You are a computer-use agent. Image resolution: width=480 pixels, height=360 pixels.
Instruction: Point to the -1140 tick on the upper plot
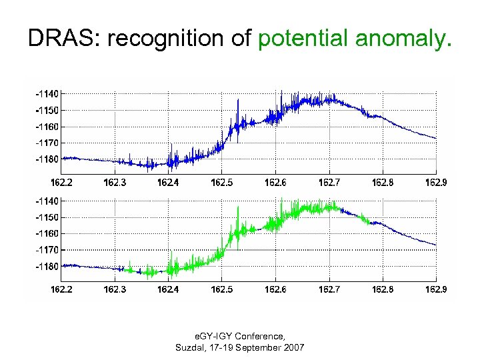47,94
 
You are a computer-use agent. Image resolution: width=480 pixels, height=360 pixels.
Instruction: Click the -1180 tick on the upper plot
47,159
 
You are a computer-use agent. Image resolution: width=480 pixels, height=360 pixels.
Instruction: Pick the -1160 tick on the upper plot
47,127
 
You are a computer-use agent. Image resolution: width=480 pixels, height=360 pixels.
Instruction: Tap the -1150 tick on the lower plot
47,217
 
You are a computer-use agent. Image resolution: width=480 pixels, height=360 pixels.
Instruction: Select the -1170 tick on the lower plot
47,249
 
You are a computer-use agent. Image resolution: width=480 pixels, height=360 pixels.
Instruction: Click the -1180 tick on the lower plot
47,266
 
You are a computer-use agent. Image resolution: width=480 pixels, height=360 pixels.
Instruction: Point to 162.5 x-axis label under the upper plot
222,181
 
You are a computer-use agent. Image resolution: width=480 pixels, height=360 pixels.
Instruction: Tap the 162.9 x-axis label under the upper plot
436,181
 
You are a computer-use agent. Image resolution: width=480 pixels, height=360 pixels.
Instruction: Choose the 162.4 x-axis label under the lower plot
168,289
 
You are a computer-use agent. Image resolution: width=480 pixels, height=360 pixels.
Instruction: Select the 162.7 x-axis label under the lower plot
329,289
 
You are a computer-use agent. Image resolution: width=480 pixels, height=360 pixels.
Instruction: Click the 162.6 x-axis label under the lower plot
275,289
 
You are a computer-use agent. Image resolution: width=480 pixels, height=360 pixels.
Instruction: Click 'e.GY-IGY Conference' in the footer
239,337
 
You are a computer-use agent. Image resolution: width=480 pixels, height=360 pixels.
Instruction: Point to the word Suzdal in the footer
189,348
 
